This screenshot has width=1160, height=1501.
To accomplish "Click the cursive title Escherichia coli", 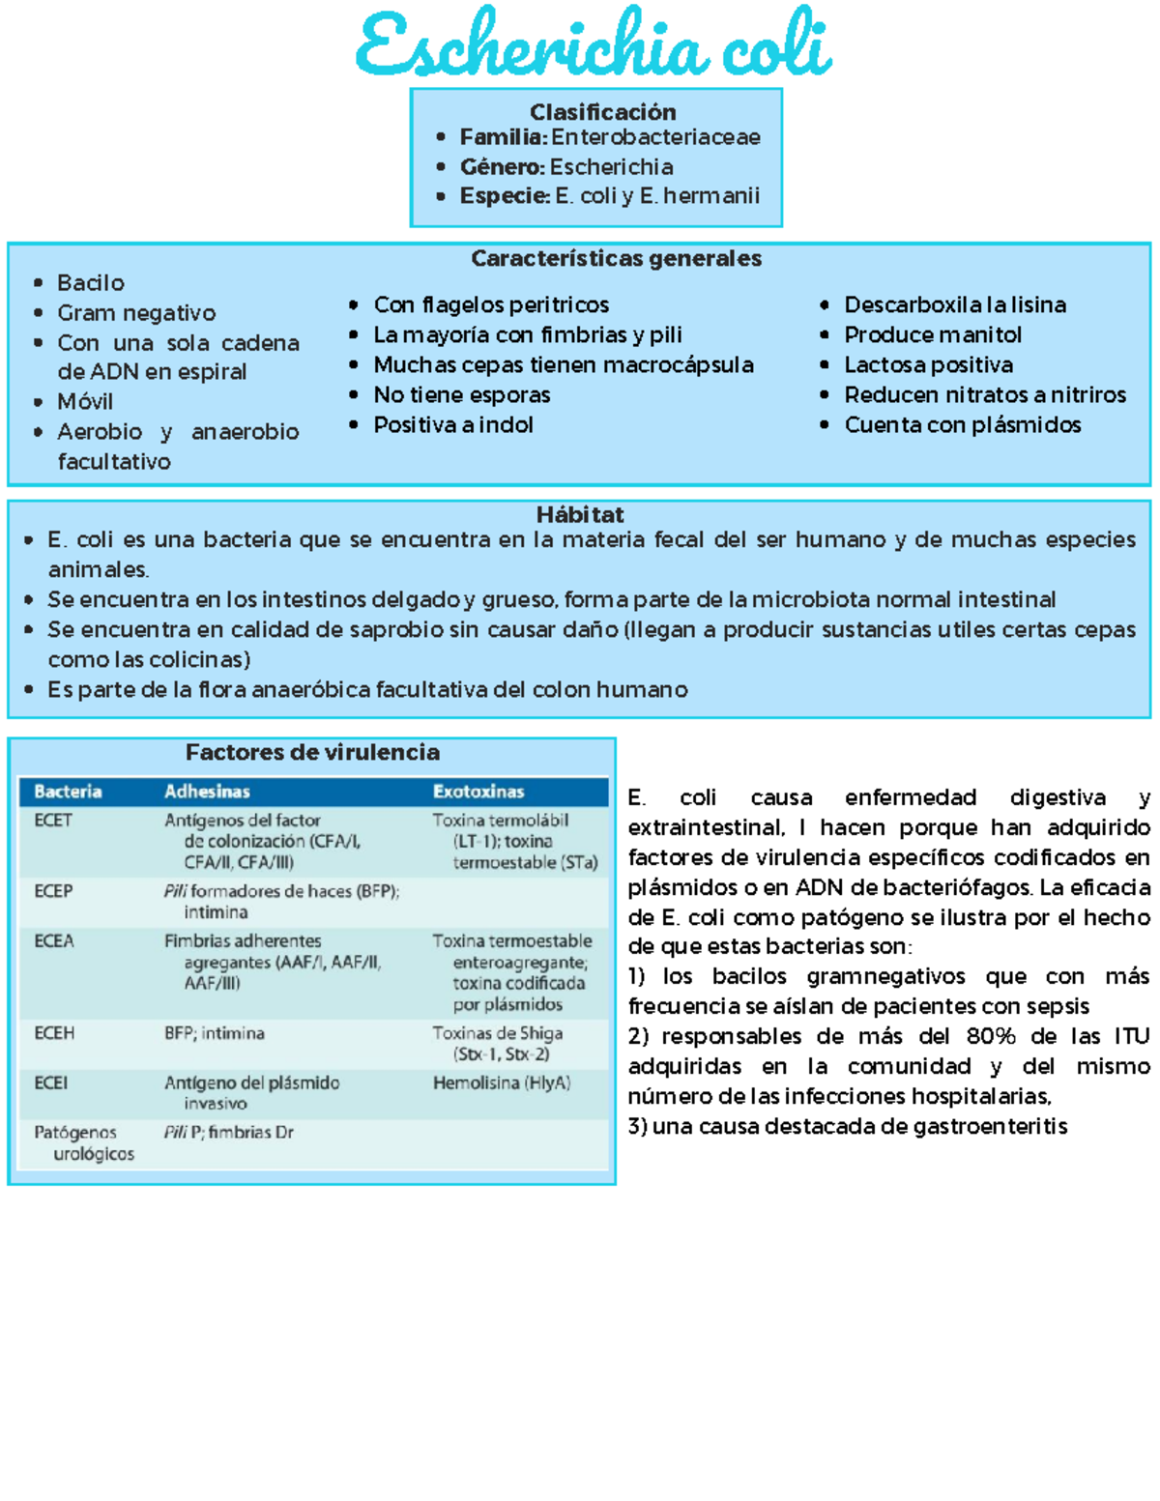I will tap(593, 45).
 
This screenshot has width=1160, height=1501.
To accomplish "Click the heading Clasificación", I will tap(602, 112).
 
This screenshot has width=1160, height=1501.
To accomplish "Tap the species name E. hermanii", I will tap(700, 196).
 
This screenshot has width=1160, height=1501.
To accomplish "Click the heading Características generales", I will tap(616, 259).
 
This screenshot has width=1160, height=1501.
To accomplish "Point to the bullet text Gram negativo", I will tap(136, 313).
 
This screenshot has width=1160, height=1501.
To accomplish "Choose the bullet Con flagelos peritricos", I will tap(491, 305).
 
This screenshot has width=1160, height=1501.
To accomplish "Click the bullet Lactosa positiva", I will tap(928, 365).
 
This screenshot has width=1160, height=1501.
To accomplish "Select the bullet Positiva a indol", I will tap(453, 425).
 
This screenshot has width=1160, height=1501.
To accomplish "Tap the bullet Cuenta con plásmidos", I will tap(962, 425).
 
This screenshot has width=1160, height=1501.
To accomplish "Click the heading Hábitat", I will tap(580, 515).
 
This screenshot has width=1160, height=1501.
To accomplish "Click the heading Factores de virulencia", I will tap(312, 753).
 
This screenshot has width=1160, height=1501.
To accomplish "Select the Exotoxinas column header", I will tap(478, 792).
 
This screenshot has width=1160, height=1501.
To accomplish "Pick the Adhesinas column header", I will tap(207, 792).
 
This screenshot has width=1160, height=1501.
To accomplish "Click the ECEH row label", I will tap(54, 1033).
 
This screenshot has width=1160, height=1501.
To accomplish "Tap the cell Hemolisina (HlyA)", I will tap(501, 1083).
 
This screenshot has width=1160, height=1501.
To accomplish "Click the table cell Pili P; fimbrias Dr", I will tap(228, 1133).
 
